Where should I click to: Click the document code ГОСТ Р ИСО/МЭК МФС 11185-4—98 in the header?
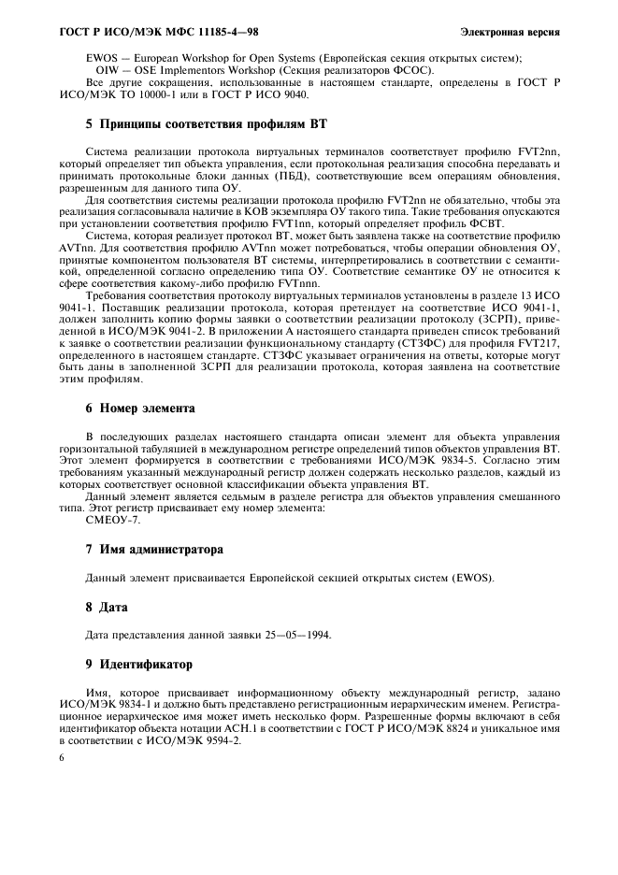tap(139, 32)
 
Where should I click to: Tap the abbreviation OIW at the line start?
tap(108, 71)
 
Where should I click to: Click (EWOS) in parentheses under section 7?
tap(470, 579)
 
